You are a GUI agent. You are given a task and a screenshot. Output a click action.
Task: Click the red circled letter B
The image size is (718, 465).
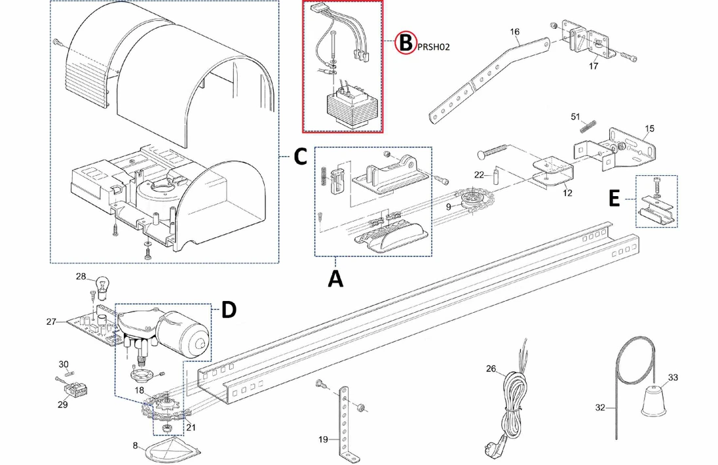[406, 43]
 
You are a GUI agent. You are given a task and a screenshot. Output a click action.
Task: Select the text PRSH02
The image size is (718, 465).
[432, 47]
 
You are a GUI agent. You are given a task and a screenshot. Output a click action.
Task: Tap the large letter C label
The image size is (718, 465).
[299, 157]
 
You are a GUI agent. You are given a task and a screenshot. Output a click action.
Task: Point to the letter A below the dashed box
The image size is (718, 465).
[335, 279]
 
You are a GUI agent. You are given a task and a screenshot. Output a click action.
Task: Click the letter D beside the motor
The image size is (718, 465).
[228, 310]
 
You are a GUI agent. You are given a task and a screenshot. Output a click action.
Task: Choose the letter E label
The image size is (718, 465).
[613, 199]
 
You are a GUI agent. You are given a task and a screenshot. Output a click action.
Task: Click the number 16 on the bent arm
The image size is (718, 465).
[514, 31]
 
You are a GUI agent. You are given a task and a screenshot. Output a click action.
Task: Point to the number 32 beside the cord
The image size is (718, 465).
[600, 407]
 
